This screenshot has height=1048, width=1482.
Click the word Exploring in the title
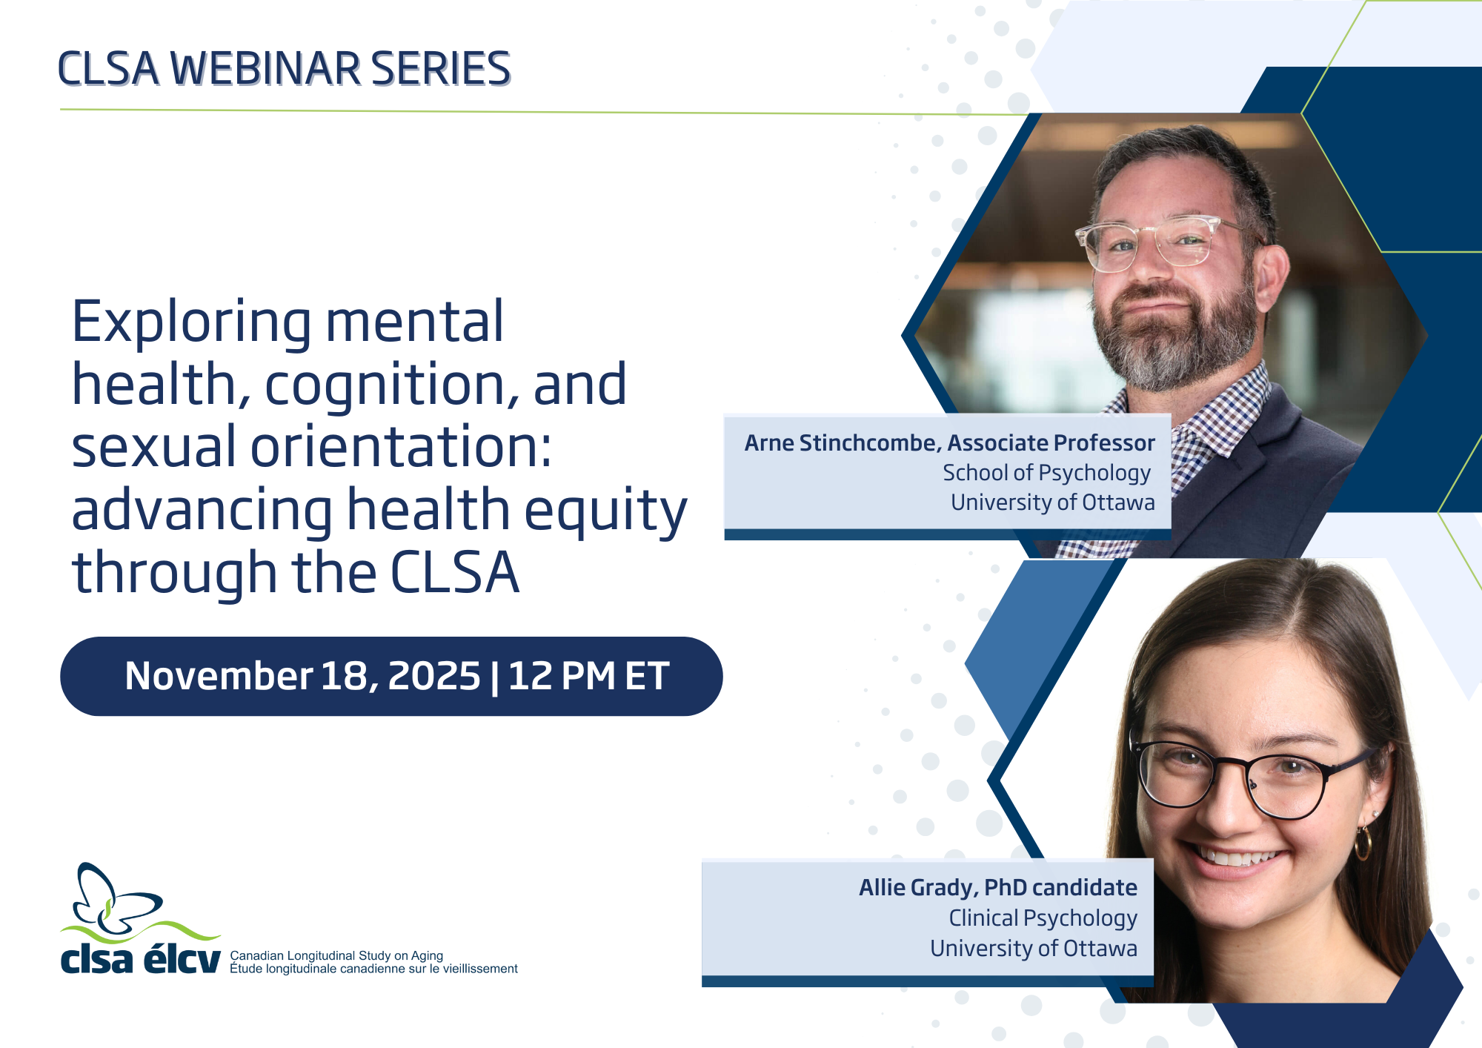(x=190, y=322)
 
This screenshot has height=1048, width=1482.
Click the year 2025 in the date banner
(x=434, y=676)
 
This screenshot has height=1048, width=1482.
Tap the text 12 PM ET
(x=588, y=676)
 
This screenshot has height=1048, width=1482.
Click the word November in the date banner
(x=219, y=676)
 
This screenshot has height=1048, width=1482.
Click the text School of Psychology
(x=1046, y=473)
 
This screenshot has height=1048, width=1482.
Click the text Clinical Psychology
(x=1043, y=918)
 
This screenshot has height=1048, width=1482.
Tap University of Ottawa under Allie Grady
(x=1033, y=949)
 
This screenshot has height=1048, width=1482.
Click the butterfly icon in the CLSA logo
(x=111, y=901)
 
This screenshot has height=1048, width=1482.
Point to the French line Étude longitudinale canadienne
(x=373, y=969)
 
